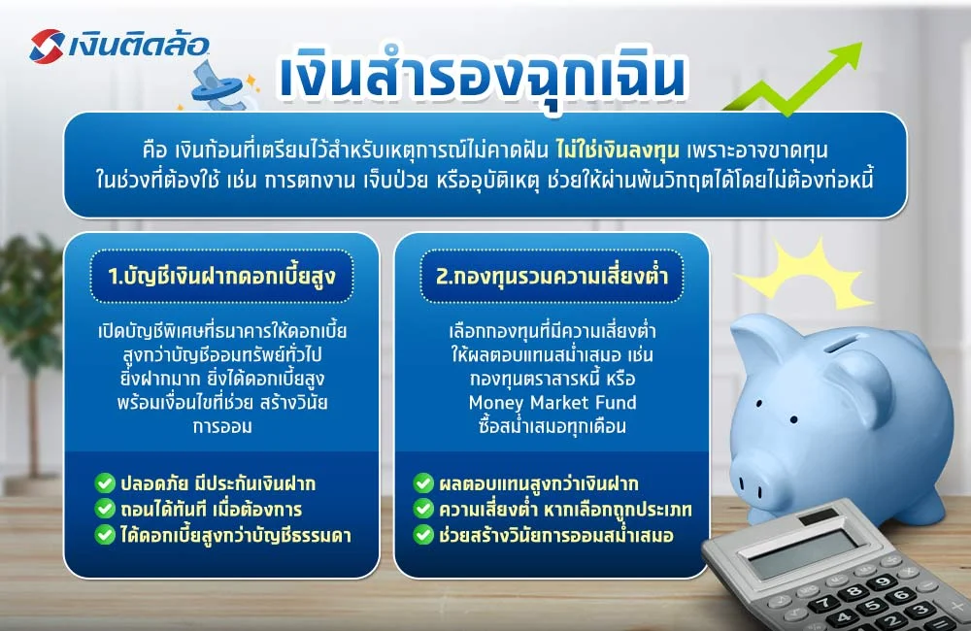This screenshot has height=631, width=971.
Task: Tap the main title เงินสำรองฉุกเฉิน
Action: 482,79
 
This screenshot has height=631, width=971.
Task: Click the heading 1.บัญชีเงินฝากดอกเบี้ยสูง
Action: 222,276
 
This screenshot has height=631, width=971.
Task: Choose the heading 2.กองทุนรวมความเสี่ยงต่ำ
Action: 551,276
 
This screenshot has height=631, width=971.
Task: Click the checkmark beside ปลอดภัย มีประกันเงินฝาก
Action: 104,482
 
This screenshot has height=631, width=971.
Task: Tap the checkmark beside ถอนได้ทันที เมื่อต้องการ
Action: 104,508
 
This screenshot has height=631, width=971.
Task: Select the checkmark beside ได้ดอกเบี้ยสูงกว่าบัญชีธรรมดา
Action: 104,534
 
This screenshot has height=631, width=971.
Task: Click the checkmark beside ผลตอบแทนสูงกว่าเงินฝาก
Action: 423,482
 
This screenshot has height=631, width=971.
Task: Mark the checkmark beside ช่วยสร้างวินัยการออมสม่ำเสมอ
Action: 423,534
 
